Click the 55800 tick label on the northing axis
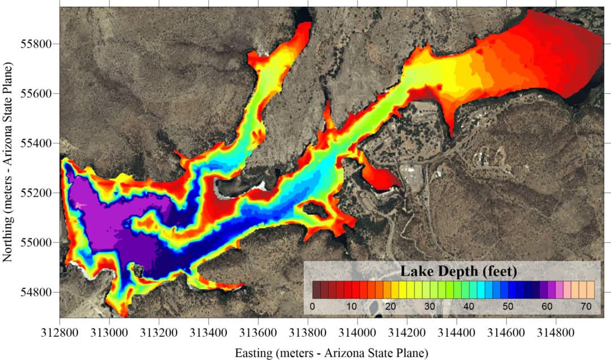click(x=38, y=44)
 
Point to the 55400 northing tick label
click(x=38, y=143)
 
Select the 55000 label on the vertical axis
click(x=38, y=243)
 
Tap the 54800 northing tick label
click(x=38, y=293)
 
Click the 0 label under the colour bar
click(x=312, y=306)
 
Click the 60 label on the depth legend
click(x=546, y=306)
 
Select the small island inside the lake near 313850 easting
click(x=315, y=210)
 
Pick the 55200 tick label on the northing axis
click(x=38, y=193)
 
